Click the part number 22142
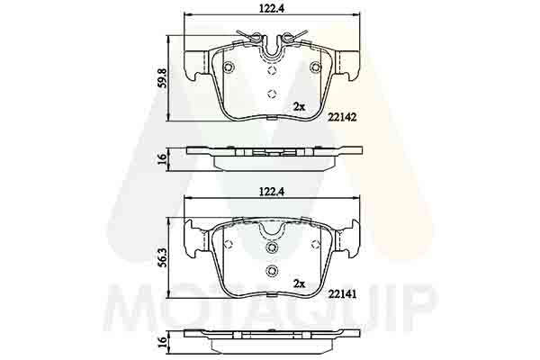tap(342, 117)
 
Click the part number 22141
tap(342, 294)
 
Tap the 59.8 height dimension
tap(162, 78)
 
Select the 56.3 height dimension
tap(162, 257)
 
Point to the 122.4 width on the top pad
tap(272, 9)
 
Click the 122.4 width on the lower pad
tap(272, 193)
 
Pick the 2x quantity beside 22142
tap(299, 107)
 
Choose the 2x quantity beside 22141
tap(299, 283)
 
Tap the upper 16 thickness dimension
tap(162, 158)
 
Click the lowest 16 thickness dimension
tap(162, 341)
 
